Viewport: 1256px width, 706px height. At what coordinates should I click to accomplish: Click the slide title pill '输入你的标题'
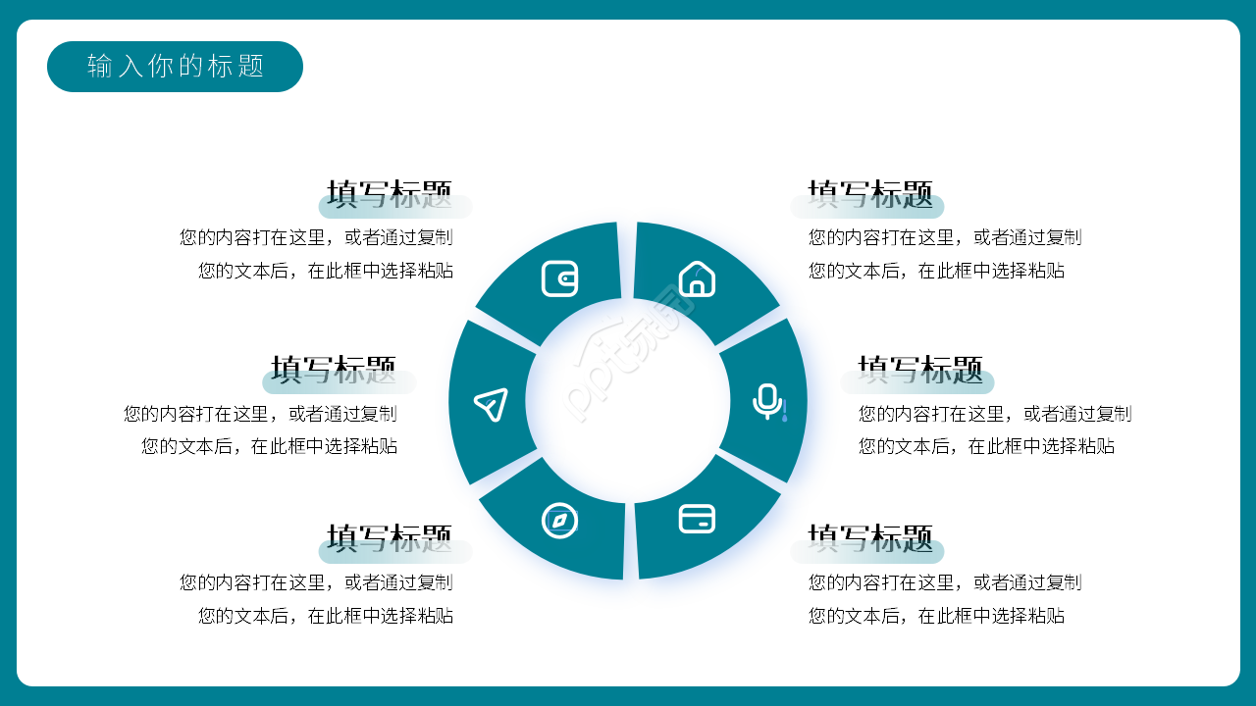click(x=175, y=67)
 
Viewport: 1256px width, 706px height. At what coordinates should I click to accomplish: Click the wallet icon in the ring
click(x=559, y=278)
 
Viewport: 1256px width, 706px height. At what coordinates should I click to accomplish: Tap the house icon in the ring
click(x=697, y=278)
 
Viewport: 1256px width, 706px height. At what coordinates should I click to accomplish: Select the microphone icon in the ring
click(x=767, y=401)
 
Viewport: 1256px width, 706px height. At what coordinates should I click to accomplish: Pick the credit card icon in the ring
click(x=697, y=518)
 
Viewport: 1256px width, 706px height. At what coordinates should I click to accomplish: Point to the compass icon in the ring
click(x=559, y=520)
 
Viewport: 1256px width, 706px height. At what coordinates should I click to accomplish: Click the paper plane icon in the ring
click(x=491, y=404)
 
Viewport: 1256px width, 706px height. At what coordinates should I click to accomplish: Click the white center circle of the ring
click(x=628, y=400)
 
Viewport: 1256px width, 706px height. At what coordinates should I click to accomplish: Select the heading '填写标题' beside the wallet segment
click(x=390, y=195)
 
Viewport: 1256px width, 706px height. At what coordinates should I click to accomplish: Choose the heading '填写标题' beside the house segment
click(x=870, y=195)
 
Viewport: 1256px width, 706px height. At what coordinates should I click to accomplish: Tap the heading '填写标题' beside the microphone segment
click(x=920, y=371)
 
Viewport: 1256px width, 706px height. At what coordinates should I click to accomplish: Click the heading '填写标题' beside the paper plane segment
click(x=334, y=371)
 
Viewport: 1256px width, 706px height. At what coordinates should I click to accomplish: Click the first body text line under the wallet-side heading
click(x=316, y=237)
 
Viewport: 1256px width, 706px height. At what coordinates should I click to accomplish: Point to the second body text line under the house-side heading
click(x=936, y=271)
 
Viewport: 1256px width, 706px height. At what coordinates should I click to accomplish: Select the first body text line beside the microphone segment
click(x=995, y=414)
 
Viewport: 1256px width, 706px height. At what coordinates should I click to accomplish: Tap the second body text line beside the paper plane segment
click(x=270, y=446)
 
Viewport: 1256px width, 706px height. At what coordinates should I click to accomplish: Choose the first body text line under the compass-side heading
click(x=316, y=582)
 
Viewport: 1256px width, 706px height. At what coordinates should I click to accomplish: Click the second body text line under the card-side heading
click(x=936, y=616)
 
